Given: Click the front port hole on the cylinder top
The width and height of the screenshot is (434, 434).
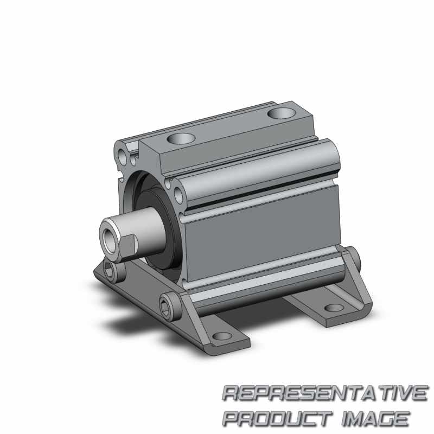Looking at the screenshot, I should pyautogui.click(x=181, y=138).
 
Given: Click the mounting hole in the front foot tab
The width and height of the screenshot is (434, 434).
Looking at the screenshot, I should pyautogui.click(x=220, y=336).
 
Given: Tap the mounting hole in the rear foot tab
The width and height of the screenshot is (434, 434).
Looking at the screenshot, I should pyautogui.click(x=335, y=308).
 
